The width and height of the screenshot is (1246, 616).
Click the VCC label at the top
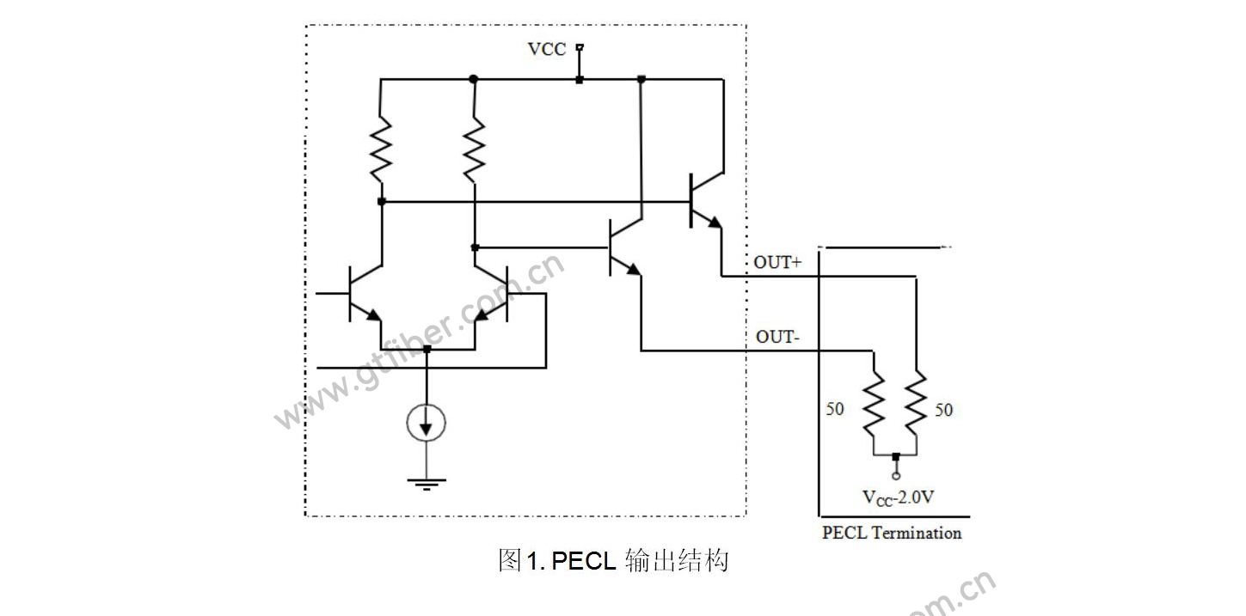click(x=547, y=49)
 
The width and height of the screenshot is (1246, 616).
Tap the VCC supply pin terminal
click(x=580, y=47)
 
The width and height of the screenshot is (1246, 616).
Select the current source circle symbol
click(x=427, y=422)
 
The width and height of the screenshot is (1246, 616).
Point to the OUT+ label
click(x=777, y=263)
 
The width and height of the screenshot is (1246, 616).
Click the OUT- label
click(x=777, y=337)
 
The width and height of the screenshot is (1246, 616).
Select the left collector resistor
click(x=381, y=148)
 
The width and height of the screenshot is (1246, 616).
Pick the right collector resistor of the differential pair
click(x=475, y=148)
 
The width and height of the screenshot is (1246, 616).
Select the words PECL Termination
click(x=892, y=533)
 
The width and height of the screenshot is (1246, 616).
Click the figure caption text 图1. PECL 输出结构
click(x=613, y=561)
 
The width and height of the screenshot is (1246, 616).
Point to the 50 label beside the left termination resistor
click(x=835, y=409)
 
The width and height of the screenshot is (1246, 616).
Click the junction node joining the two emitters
click(x=427, y=350)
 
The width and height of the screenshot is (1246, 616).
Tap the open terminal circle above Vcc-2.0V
click(x=895, y=476)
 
